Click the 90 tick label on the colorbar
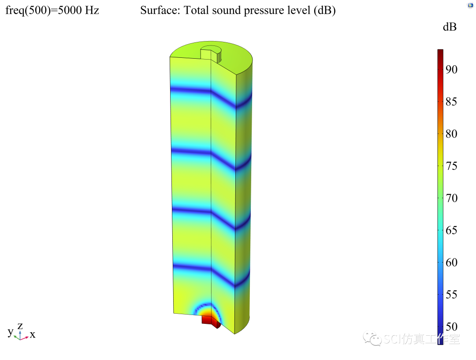point(451,70)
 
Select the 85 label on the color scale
point(451,101)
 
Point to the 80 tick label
point(451,134)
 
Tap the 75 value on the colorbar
point(451,166)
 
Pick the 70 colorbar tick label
point(451,198)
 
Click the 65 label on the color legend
point(451,230)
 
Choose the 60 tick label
point(451,262)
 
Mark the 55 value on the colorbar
point(451,294)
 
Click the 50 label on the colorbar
point(451,326)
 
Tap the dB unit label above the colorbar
point(450,27)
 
